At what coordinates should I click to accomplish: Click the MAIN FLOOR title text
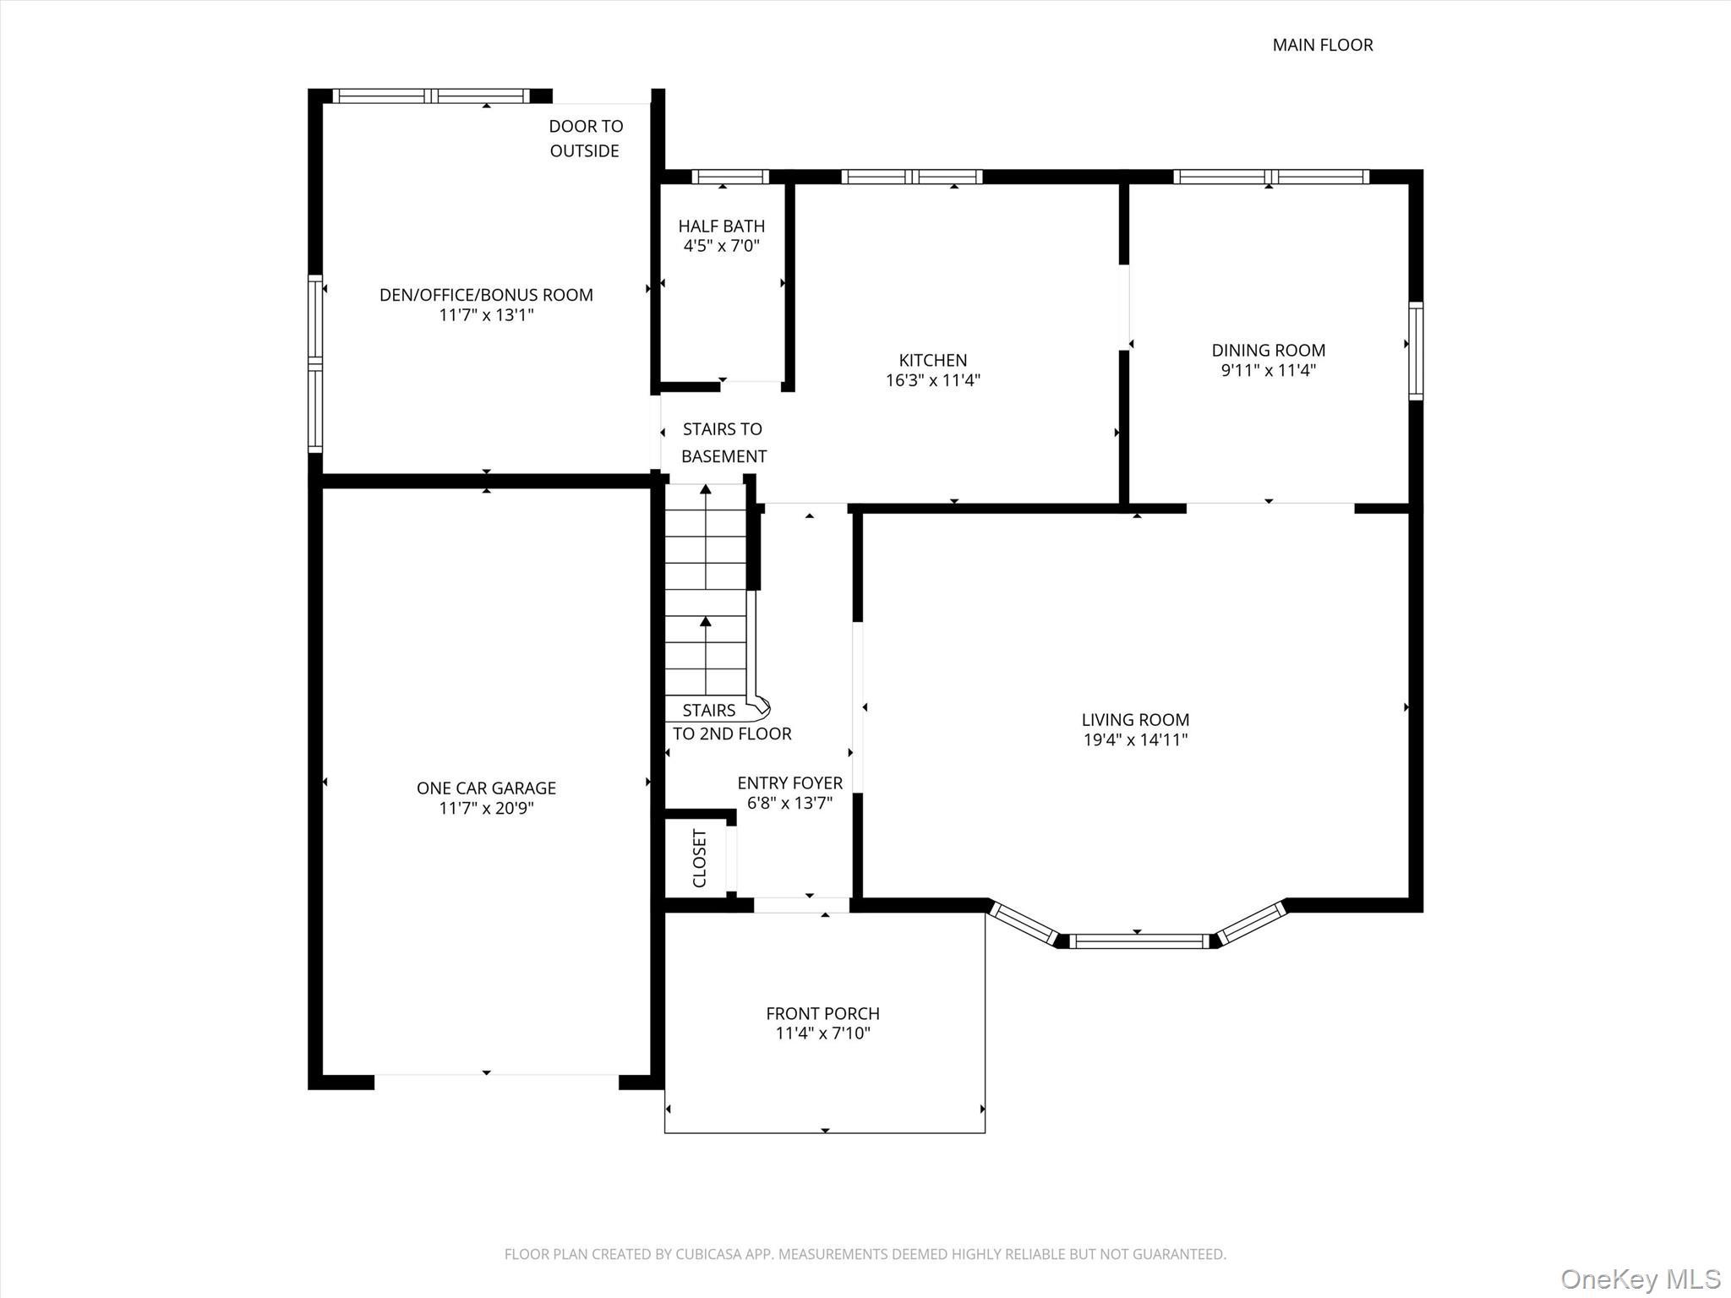point(1322,45)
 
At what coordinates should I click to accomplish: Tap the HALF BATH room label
point(721,226)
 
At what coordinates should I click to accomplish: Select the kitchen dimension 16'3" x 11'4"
point(932,380)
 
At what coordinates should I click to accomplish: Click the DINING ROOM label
point(1268,350)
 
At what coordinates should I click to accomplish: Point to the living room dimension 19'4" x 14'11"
point(1134,740)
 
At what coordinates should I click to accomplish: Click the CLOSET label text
point(700,859)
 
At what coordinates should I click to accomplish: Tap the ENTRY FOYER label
point(789,783)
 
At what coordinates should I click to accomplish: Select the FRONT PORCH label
point(822,1013)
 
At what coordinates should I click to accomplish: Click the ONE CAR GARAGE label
point(486,788)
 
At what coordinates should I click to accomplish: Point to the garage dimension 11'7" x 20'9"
point(486,808)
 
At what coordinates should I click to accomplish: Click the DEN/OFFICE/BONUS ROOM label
point(486,295)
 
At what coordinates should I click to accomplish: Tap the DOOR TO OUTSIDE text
point(585,138)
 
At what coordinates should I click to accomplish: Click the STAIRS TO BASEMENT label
point(724,443)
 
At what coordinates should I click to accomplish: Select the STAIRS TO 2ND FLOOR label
point(731,723)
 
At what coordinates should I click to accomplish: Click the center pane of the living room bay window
point(1139,941)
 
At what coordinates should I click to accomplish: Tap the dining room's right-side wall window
point(1415,351)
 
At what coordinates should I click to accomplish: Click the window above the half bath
point(729,177)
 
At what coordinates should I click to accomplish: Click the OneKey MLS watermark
point(1640,1279)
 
